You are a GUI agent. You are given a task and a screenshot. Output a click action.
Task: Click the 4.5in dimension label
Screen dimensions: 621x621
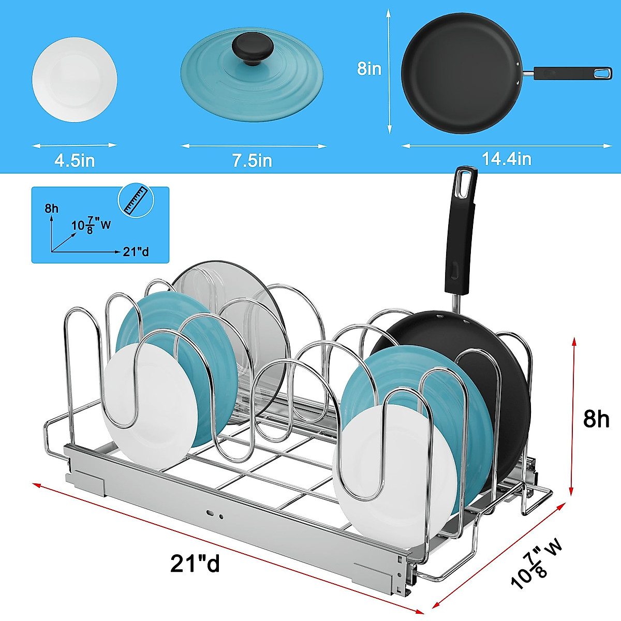pyautogui.click(x=75, y=160)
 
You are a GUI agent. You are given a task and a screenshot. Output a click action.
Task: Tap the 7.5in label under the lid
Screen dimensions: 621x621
pyautogui.click(x=252, y=160)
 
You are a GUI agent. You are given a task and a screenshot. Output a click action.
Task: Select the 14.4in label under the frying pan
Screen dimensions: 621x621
pyautogui.click(x=506, y=158)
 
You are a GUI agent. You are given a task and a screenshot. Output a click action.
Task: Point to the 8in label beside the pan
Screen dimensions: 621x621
pyautogui.click(x=369, y=68)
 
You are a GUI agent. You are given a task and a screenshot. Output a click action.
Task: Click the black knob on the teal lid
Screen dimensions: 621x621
pyautogui.click(x=252, y=50)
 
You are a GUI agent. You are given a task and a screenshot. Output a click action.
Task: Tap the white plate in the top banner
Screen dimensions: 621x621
pyautogui.click(x=75, y=80)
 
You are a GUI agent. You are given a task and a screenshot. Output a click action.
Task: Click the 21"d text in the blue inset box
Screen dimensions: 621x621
pyautogui.click(x=136, y=252)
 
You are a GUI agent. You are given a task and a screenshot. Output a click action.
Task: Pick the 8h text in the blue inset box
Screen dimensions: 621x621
pyautogui.click(x=52, y=209)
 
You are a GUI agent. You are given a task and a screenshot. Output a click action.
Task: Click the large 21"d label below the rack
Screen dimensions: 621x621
pyautogui.click(x=195, y=563)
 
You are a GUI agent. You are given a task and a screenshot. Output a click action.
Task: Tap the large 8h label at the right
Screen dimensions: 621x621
pyautogui.click(x=596, y=419)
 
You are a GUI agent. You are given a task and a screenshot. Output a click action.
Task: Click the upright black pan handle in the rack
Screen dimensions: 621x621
pyautogui.click(x=460, y=233)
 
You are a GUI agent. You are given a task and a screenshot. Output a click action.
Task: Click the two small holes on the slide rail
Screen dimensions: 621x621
pyautogui.click(x=215, y=514)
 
